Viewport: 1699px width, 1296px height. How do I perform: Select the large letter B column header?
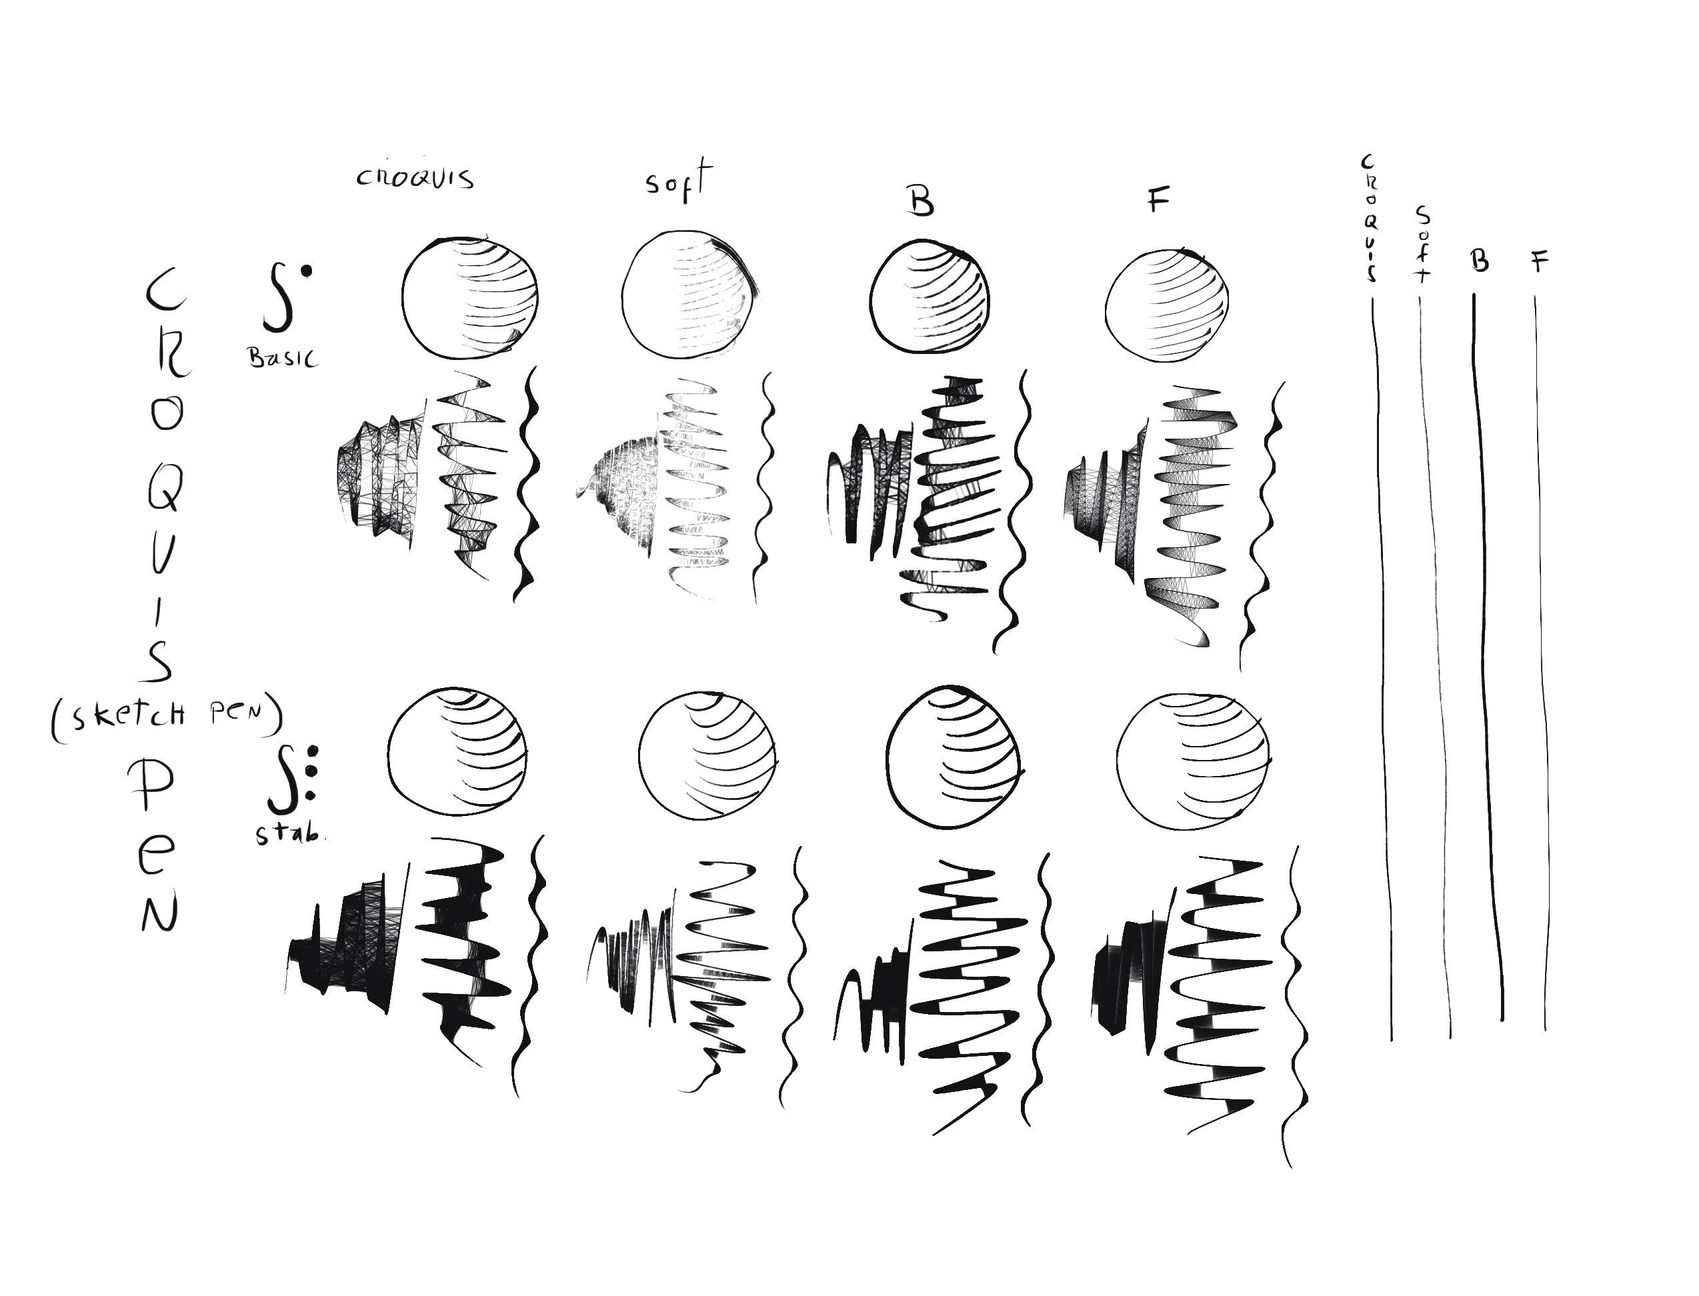pyautogui.click(x=920, y=201)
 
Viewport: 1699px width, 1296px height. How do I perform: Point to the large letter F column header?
pyautogui.click(x=1158, y=200)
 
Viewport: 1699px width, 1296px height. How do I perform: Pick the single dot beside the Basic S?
pyautogui.click(x=307, y=270)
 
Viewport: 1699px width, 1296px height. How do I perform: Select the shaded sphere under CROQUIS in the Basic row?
pyautogui.click(x=470, y=298)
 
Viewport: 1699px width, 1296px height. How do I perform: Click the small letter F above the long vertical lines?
pyautogui.click(x=1539, y=262)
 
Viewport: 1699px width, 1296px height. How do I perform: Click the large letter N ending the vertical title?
pyautogui.click(x=159, y=912)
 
